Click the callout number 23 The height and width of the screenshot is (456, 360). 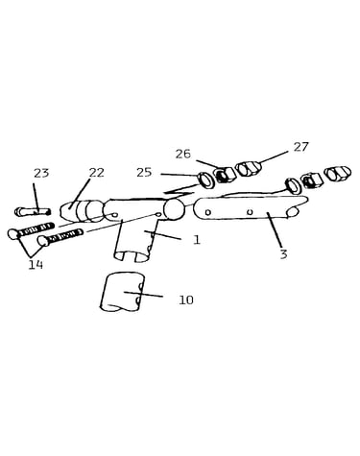(x=41, y=173)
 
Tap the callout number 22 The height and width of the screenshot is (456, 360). (x=96, y=173)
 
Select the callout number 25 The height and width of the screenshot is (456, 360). (x=144, y=173)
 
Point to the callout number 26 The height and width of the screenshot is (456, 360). (x=182, y=155)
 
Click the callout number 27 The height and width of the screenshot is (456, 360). (x=301, y=147)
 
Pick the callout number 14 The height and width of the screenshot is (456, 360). (x=36, y=265)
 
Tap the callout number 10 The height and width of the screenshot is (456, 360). (x=186, y=300)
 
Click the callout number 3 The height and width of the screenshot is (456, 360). (x=283, y=254)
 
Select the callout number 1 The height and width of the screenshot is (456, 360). (x=197, y=240)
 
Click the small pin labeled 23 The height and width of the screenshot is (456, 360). (x=33, y=211)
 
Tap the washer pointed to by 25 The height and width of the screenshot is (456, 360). (x=205, y=180)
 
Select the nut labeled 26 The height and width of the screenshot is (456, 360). (x=225, y=176)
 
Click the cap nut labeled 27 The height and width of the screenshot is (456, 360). (x=248, y=168)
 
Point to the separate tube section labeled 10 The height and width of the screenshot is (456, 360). (x=123, y=292)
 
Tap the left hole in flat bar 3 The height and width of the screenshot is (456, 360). (x=208, y=212)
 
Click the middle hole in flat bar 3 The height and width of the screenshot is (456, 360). (x=251, y=211)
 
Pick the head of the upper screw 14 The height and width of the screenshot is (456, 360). (x=13, y=234)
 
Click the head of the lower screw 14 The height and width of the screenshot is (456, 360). (x=42, y=241)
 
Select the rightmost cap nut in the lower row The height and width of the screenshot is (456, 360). (x=337, y=174)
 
